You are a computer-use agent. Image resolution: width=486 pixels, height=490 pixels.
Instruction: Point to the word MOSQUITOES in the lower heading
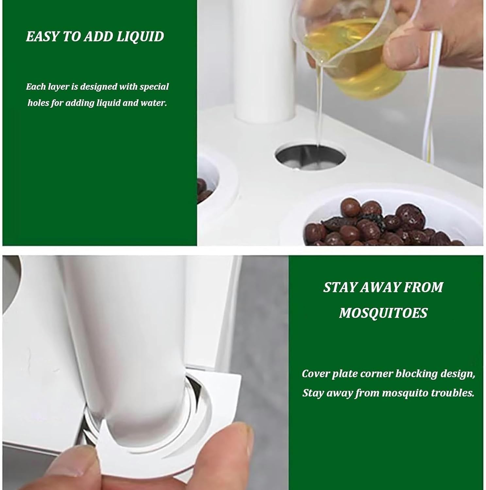tap(383, 313)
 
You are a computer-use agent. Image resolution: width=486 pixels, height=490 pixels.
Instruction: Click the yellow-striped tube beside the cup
tap(431, 98)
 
